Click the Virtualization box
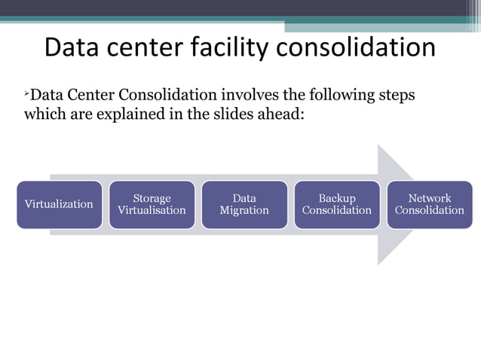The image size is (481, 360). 59,204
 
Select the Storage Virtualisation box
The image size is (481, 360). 152,204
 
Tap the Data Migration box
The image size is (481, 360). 244,204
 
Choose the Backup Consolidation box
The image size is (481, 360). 336,204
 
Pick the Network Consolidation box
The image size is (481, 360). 429,204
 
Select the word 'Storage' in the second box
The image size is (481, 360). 152,198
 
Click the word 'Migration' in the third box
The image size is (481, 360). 244,210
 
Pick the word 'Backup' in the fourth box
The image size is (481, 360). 336,198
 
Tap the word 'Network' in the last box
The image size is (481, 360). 429,198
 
